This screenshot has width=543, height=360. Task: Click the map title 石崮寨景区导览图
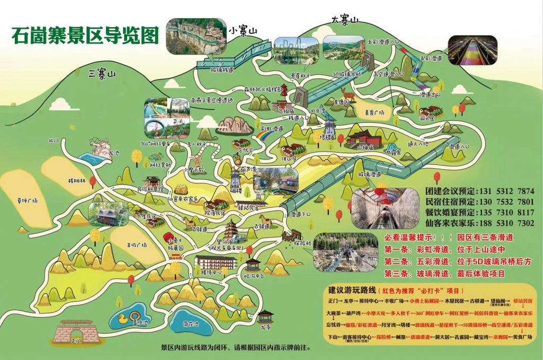tap(85, 36)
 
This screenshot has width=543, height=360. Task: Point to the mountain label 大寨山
tap(345, 20)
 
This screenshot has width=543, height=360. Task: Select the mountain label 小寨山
tap(243, 31)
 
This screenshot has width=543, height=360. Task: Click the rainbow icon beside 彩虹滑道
tap(262, 137)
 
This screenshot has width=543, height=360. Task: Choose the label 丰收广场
tap(137, 244)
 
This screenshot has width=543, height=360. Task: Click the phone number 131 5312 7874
tap(506, 190)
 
